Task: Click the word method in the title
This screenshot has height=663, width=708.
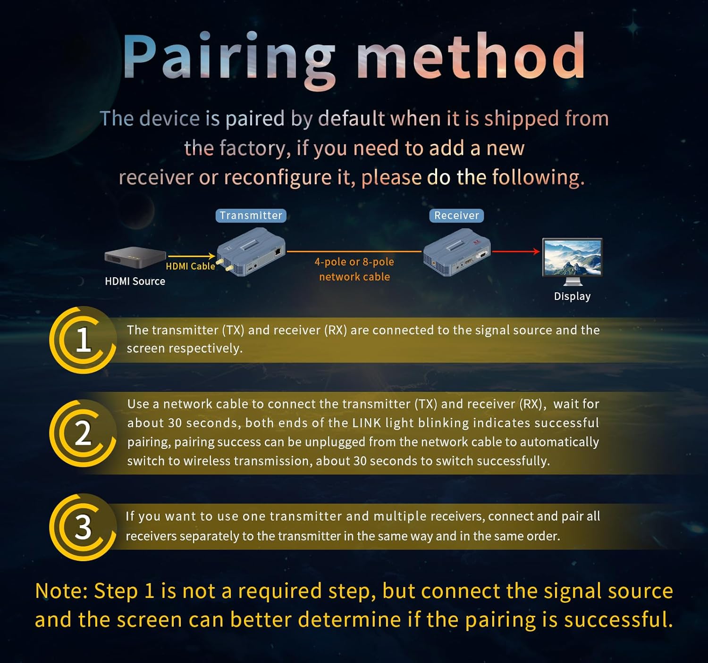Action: click(x=471, y=57)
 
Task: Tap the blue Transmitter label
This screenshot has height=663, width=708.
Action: click(x=251, y=215)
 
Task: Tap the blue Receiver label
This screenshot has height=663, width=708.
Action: click(x=456, y=215)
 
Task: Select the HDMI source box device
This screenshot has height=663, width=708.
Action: click(x=135, y=257)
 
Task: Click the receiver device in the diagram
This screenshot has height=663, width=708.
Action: click(x=456, y=252)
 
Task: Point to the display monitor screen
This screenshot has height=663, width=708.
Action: click(x=572, y=258)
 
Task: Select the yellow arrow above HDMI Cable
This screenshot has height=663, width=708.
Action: click(x=191, y=257)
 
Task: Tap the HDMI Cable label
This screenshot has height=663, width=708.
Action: click(x=190, y=266)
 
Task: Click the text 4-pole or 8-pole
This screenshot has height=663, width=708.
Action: click(x=354, y=262)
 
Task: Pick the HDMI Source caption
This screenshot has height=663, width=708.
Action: click(x=135, y=282)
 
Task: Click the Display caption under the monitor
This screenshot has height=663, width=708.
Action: click(x=572, y=296)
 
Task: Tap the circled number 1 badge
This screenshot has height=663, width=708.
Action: click(x=83, y=340)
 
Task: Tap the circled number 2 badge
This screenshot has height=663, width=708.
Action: click(x=83, y=433)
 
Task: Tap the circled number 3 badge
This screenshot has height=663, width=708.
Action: click(x=83, y=527)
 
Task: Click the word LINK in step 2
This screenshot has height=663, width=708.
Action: click(x=367, y=423)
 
